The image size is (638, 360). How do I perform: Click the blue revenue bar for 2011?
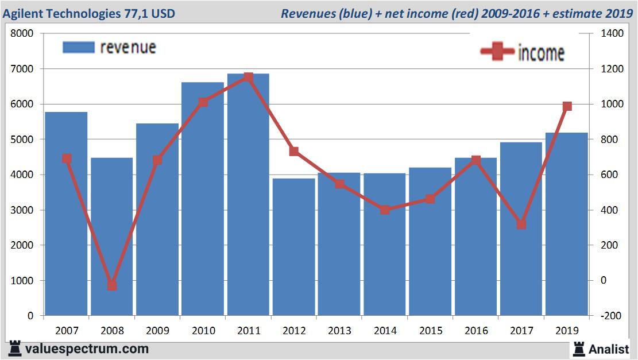248,195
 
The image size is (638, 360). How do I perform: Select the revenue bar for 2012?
293,247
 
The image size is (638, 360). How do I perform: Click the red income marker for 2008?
112,285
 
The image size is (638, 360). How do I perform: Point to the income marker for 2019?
567,106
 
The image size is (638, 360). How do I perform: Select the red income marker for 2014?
385,210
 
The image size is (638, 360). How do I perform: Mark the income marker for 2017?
521,224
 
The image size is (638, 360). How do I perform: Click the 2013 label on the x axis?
339,331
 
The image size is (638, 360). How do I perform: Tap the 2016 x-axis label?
475,331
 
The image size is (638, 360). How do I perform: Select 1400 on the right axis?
612,34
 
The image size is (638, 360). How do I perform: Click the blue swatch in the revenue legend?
78,48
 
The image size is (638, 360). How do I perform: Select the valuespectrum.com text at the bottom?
87,349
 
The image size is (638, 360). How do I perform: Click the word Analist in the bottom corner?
609,348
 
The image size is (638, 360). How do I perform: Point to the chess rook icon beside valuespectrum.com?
14,349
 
